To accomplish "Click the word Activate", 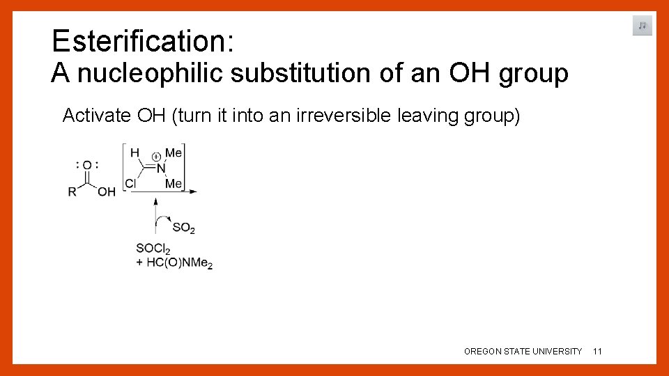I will pos(96,116).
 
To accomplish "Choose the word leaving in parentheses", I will pos(424,116).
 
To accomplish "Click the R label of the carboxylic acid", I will pos(72,191).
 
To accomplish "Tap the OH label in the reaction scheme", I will pos(107,191).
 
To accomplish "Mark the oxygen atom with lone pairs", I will pos(87,165).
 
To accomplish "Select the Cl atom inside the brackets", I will pos(130,184).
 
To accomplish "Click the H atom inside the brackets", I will pos(135,153).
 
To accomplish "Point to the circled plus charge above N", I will pos(156,157).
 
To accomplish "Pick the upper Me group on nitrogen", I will pos(174,152).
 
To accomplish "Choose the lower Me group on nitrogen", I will pos(174,184).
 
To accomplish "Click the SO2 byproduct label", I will pos(183,228).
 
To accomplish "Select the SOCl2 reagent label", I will pos(153,249).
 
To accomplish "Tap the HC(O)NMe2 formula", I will pos(179,263).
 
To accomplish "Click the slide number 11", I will pos(597,352).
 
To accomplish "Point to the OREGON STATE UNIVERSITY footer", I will pos(523,352).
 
